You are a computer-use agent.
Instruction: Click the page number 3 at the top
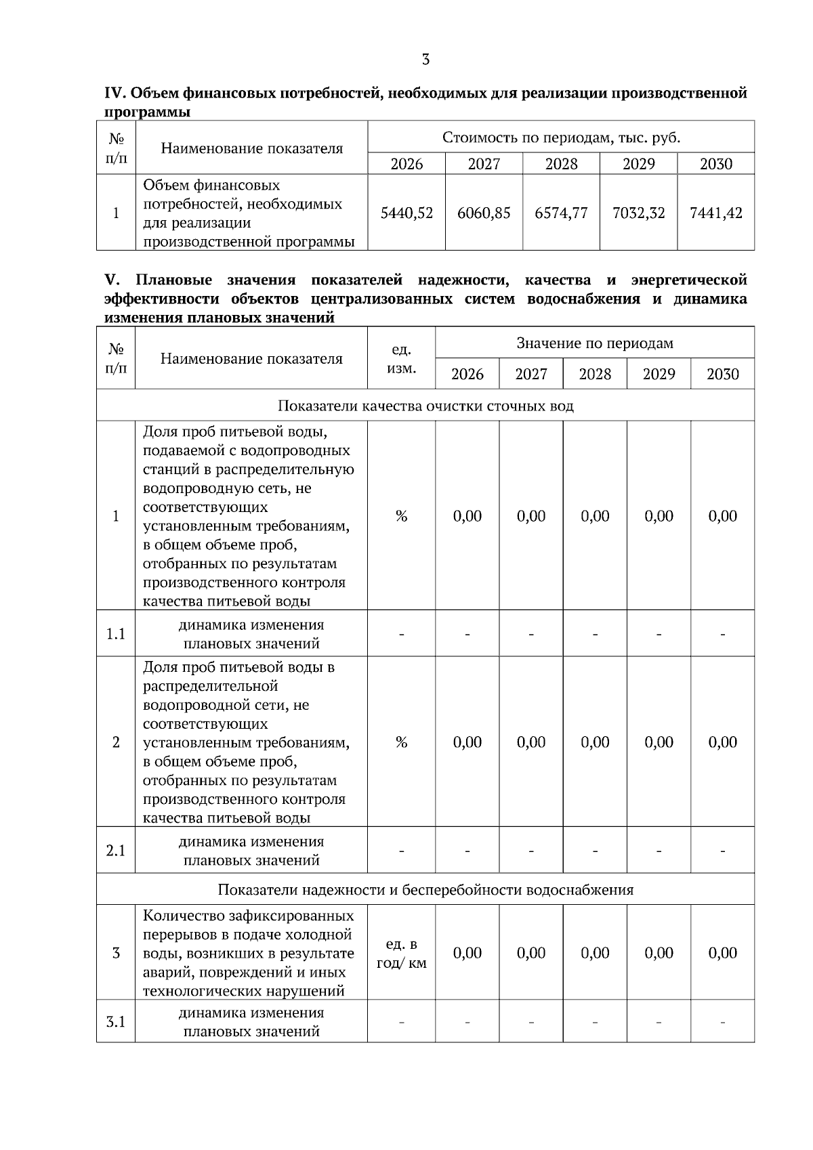pos(425,60)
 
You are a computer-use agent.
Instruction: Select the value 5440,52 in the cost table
pos(406,213)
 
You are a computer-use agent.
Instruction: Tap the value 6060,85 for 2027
pos(484,213)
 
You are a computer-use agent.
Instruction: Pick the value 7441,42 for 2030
pos(716,213)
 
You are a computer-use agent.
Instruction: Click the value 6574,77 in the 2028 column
pos(561,213)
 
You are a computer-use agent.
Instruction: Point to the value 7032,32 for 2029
pos(638,213)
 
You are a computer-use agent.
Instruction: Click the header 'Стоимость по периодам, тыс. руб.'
pos(561,137)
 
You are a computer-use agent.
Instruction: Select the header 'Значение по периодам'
pos(595,343)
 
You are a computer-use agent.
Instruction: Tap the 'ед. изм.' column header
pos(401,358)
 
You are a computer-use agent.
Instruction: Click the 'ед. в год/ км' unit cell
pos(401,954)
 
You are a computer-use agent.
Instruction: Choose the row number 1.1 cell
pos(116,634)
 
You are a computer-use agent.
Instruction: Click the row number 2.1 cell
pos(116,850)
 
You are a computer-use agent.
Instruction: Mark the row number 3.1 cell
pos(116,1021)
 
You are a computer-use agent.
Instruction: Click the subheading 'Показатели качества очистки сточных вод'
pos(425,406)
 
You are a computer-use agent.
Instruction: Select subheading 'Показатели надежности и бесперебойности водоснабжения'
pos(425,889)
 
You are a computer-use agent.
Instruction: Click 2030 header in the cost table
pos(716,164)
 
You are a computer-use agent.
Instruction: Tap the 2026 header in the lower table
pos(467,375)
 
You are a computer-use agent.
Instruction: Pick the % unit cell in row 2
pos(401,742)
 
